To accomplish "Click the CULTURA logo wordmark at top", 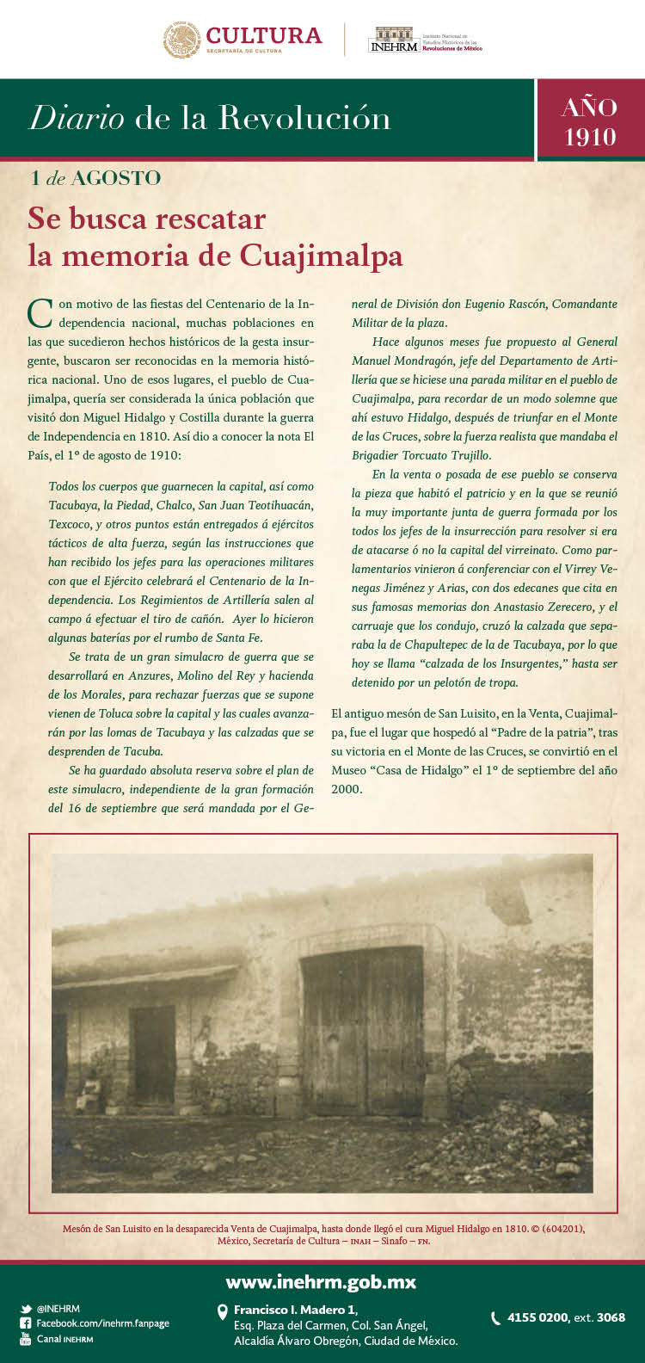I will tap(263, 36).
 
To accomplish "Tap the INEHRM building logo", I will tap(394, 39).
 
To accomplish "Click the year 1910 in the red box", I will tap(590, 137).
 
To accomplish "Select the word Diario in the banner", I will tap(77, 118).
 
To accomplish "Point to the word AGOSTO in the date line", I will tap(116, 178).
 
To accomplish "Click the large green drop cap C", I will tap(40, 313).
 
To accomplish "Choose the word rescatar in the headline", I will tap(206, 219).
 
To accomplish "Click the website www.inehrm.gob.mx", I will tap(321, 1282).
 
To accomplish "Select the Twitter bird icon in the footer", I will tap(26, 1309).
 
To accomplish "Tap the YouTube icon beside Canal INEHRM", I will tap(26, 1339).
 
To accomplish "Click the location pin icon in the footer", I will tap(223, 1311).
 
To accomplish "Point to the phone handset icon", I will tap(495, 1317).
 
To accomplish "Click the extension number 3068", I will tap(611, 1317).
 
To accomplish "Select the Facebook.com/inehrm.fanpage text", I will tap(102, 1323).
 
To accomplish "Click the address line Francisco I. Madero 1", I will tap(295, 1310).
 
